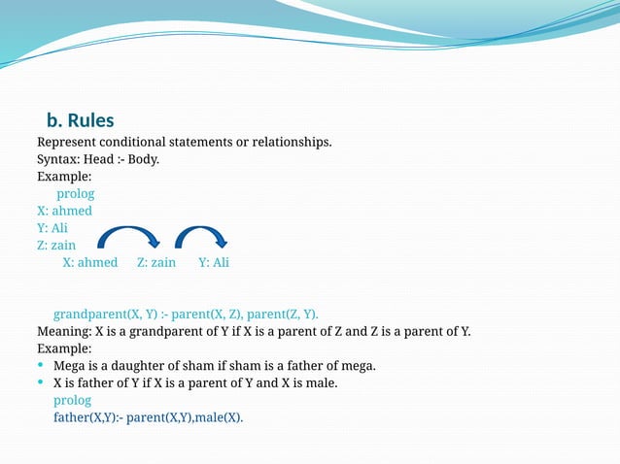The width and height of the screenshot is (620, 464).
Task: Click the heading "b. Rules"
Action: click(x=81, y=121)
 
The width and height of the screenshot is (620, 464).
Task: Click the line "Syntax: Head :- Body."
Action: click(x=98, y=160)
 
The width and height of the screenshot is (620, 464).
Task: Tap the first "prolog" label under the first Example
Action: click(x=75, y=194)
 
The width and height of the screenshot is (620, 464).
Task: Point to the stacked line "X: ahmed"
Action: click(x=64, y=211)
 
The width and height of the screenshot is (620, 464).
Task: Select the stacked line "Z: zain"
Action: click(x=56, y=246)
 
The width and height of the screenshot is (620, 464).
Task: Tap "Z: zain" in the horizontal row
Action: click(x=156, y=262)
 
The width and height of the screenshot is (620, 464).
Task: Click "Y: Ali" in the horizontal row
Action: click(x=214, y=262)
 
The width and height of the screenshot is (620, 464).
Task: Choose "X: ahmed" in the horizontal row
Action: click(x=90, y=262)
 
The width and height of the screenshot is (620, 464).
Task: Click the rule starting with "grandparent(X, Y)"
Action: click(x=186, y=315)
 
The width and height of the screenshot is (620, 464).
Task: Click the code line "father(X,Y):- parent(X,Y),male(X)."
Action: click(x=149, y=418)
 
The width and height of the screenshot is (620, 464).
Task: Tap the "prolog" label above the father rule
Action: click(x=72, y=401)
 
